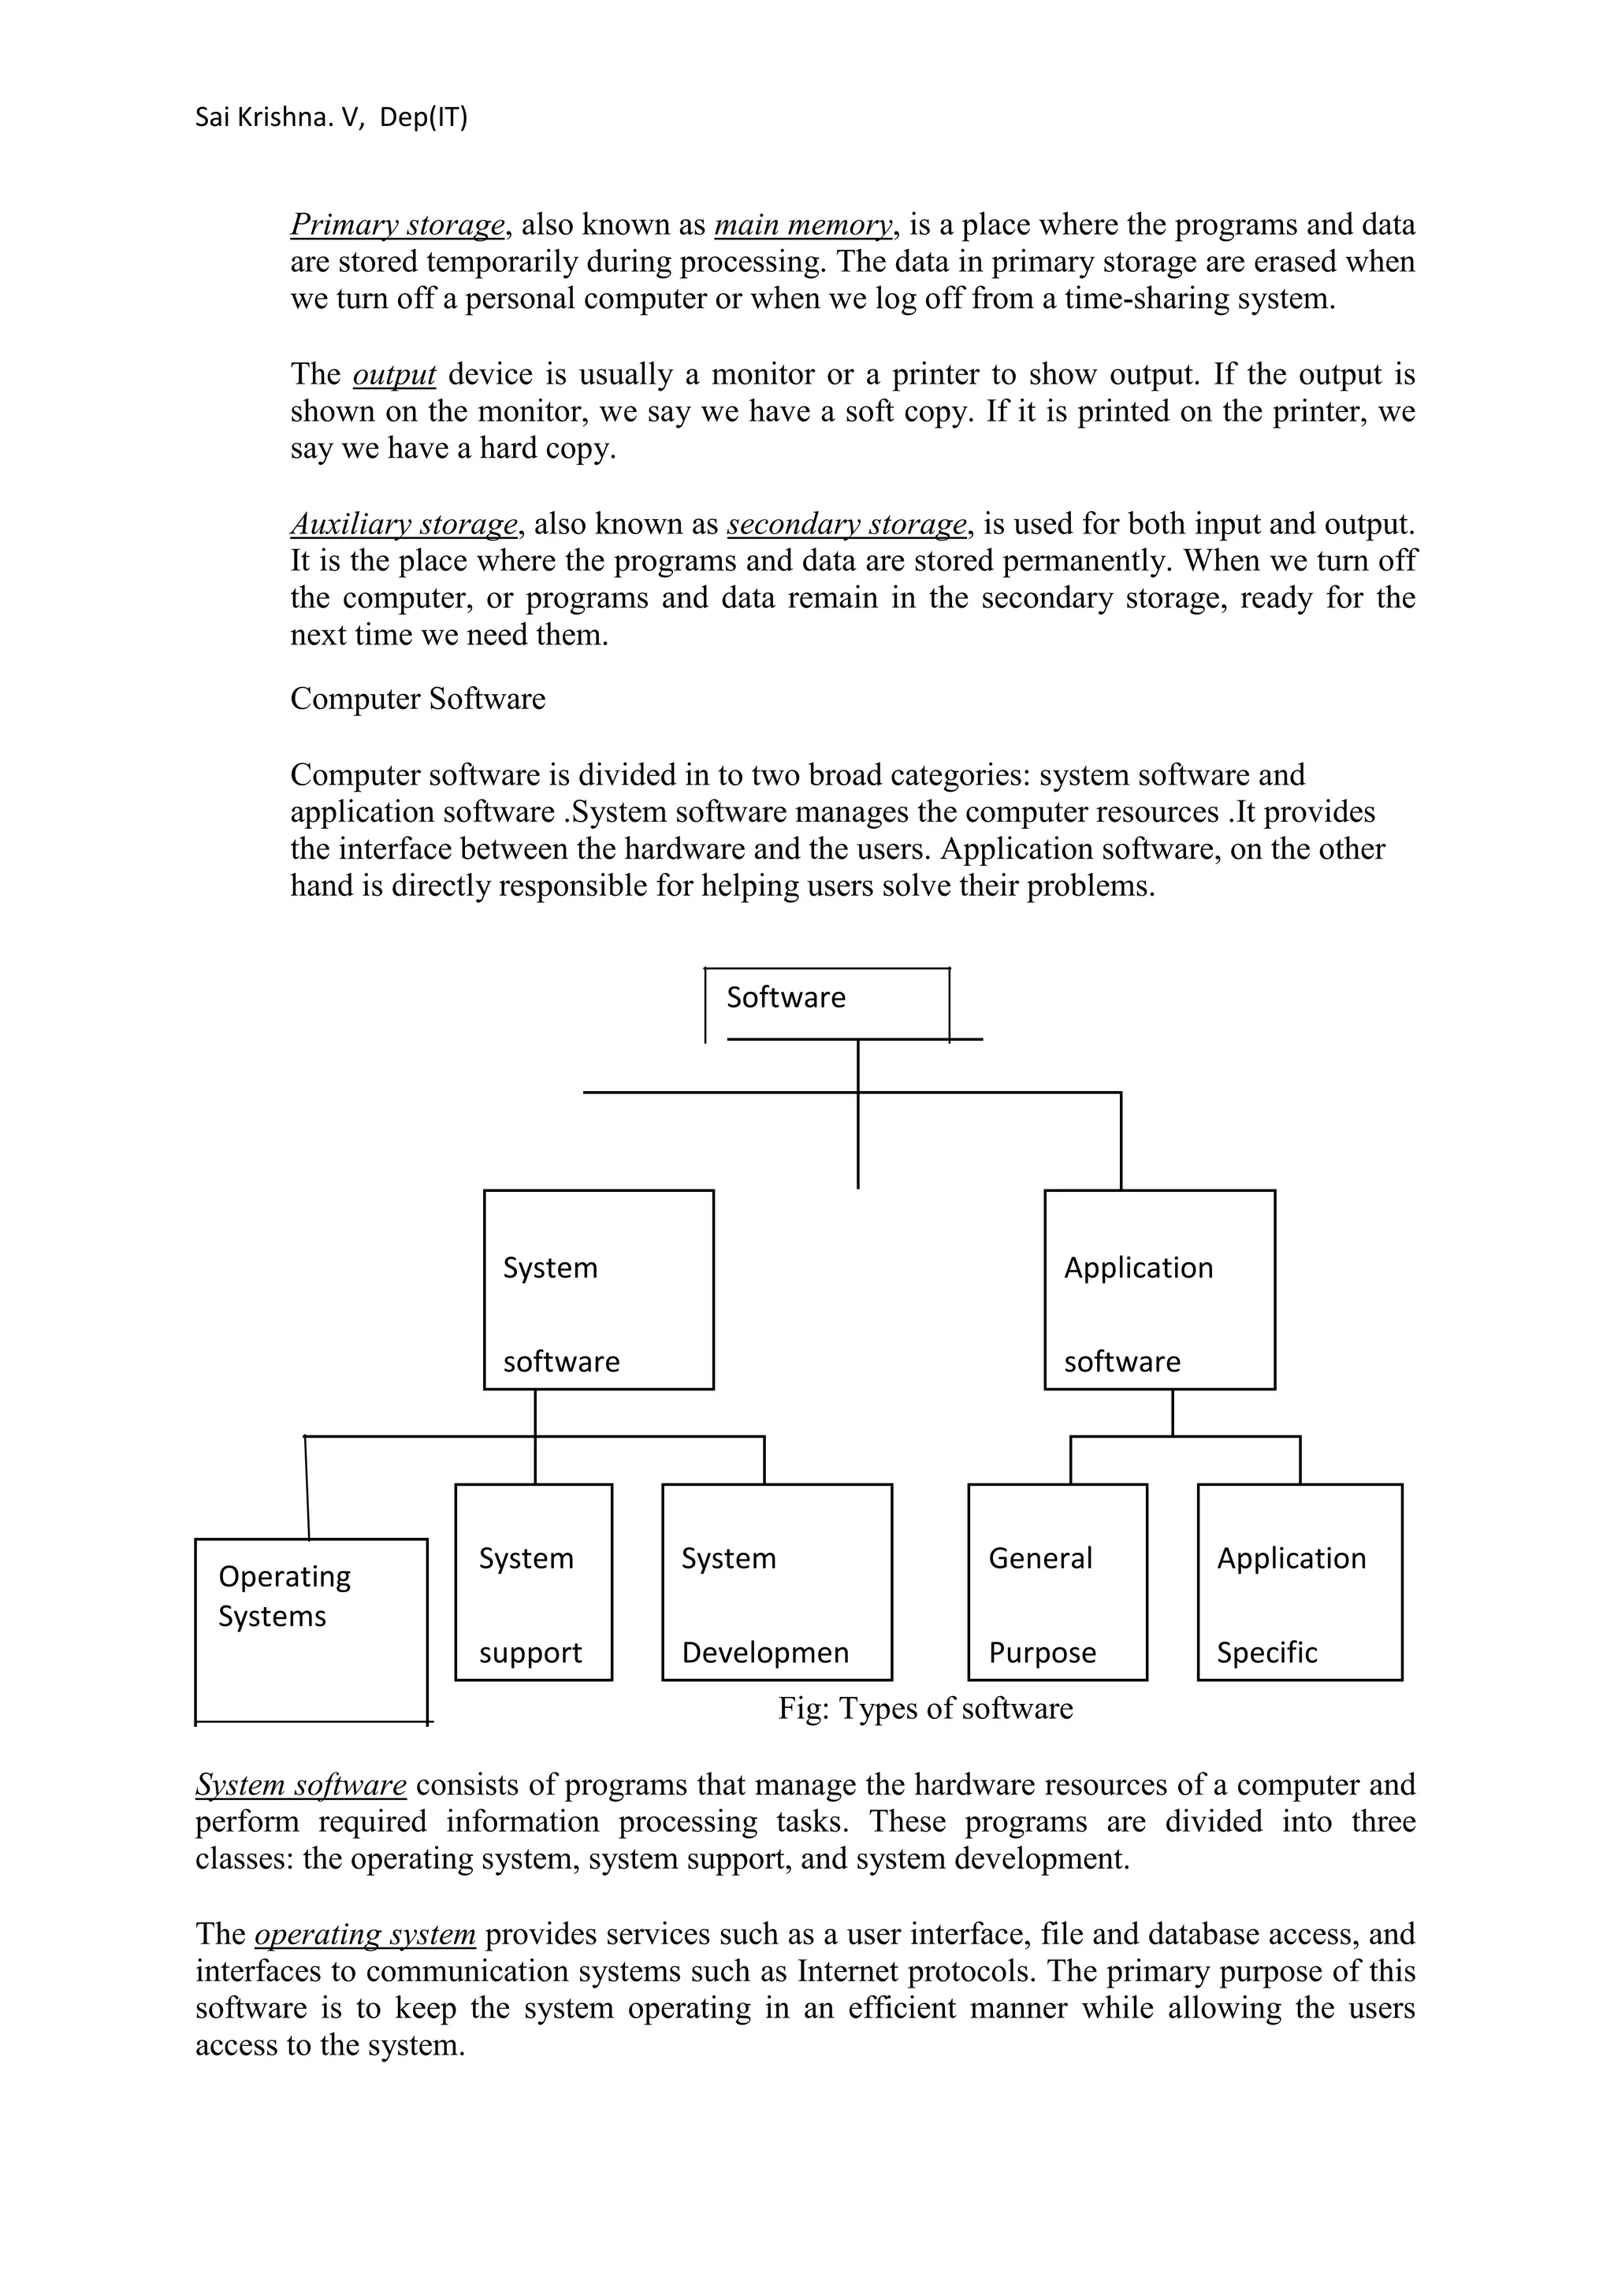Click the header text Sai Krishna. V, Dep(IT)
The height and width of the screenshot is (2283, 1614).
(x=331, y=118)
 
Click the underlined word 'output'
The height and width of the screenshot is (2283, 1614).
(x=394, y=375)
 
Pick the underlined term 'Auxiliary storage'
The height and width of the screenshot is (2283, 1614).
(x=403, y=524)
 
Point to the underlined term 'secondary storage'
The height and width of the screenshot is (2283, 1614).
(x=846, y=524)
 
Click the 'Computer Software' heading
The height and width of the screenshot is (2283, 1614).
(x=418, y=699)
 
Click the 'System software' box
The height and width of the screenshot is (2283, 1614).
(x=599, y=1289)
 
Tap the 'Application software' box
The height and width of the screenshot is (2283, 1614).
(x=1159, y=1289)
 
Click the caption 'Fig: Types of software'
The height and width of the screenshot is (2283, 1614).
(x=925, y=1708)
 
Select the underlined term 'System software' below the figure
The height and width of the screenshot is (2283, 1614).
(x=300, y=1785)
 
